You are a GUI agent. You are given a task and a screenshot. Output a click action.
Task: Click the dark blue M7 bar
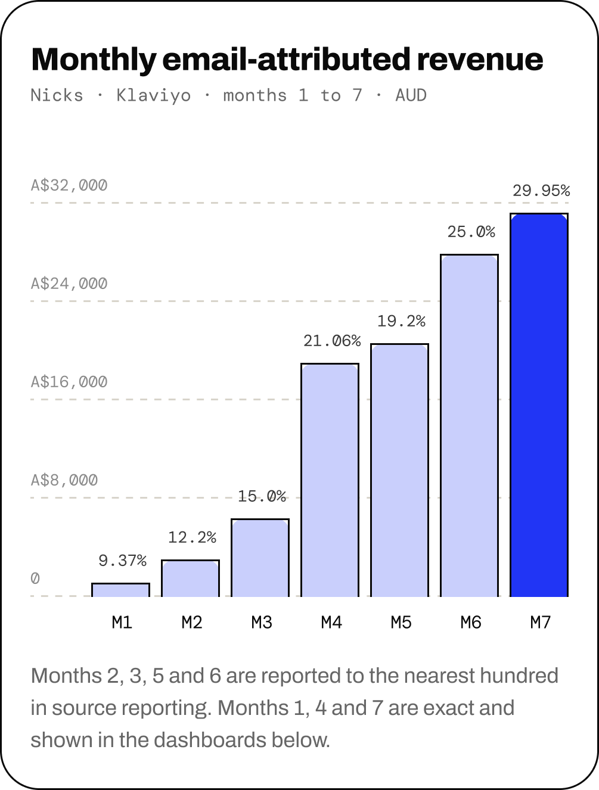[539, 405]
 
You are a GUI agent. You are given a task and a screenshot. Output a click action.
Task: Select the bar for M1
[120, 590]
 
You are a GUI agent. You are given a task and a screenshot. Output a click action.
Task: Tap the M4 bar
[330, 480]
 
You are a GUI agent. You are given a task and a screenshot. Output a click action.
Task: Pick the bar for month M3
[260, 558]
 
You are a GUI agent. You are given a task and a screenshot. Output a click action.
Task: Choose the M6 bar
[469, 425]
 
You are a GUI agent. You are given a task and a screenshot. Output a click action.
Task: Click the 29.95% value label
[541, 191]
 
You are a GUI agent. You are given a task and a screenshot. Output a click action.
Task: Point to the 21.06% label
[332, 341]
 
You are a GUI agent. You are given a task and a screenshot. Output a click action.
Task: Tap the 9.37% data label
[122, 561]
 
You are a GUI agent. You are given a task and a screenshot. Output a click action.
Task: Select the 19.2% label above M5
[401, 321]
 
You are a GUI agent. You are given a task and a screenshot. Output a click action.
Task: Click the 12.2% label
[193, 537]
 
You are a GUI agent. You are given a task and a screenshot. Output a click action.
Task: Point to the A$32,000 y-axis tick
[69, 185]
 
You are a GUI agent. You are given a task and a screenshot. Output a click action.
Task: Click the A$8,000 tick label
[64, 480]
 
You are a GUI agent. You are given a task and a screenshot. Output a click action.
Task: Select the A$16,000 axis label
[69, 382]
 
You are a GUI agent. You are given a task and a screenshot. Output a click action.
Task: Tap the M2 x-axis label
[192, 622]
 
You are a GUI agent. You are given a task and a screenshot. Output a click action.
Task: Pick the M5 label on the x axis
[401, 622]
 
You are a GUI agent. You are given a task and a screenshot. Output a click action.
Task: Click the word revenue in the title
[480, 60]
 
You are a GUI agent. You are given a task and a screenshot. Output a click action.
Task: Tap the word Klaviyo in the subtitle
[154, 96]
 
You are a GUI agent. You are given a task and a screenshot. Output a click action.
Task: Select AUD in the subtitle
[411, 95]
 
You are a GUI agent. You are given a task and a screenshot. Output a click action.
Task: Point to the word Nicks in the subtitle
[57, 95]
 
